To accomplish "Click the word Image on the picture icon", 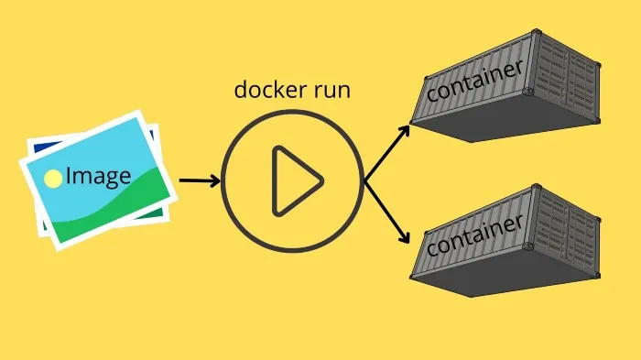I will pyautogui.click(x=98, y=176).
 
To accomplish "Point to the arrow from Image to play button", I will pyautogui.click(x=197, y=180).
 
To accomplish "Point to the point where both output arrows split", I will pyautogui.click(x=366, y=180).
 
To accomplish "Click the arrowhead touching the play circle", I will pyautogui.click(x=215, y=180).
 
